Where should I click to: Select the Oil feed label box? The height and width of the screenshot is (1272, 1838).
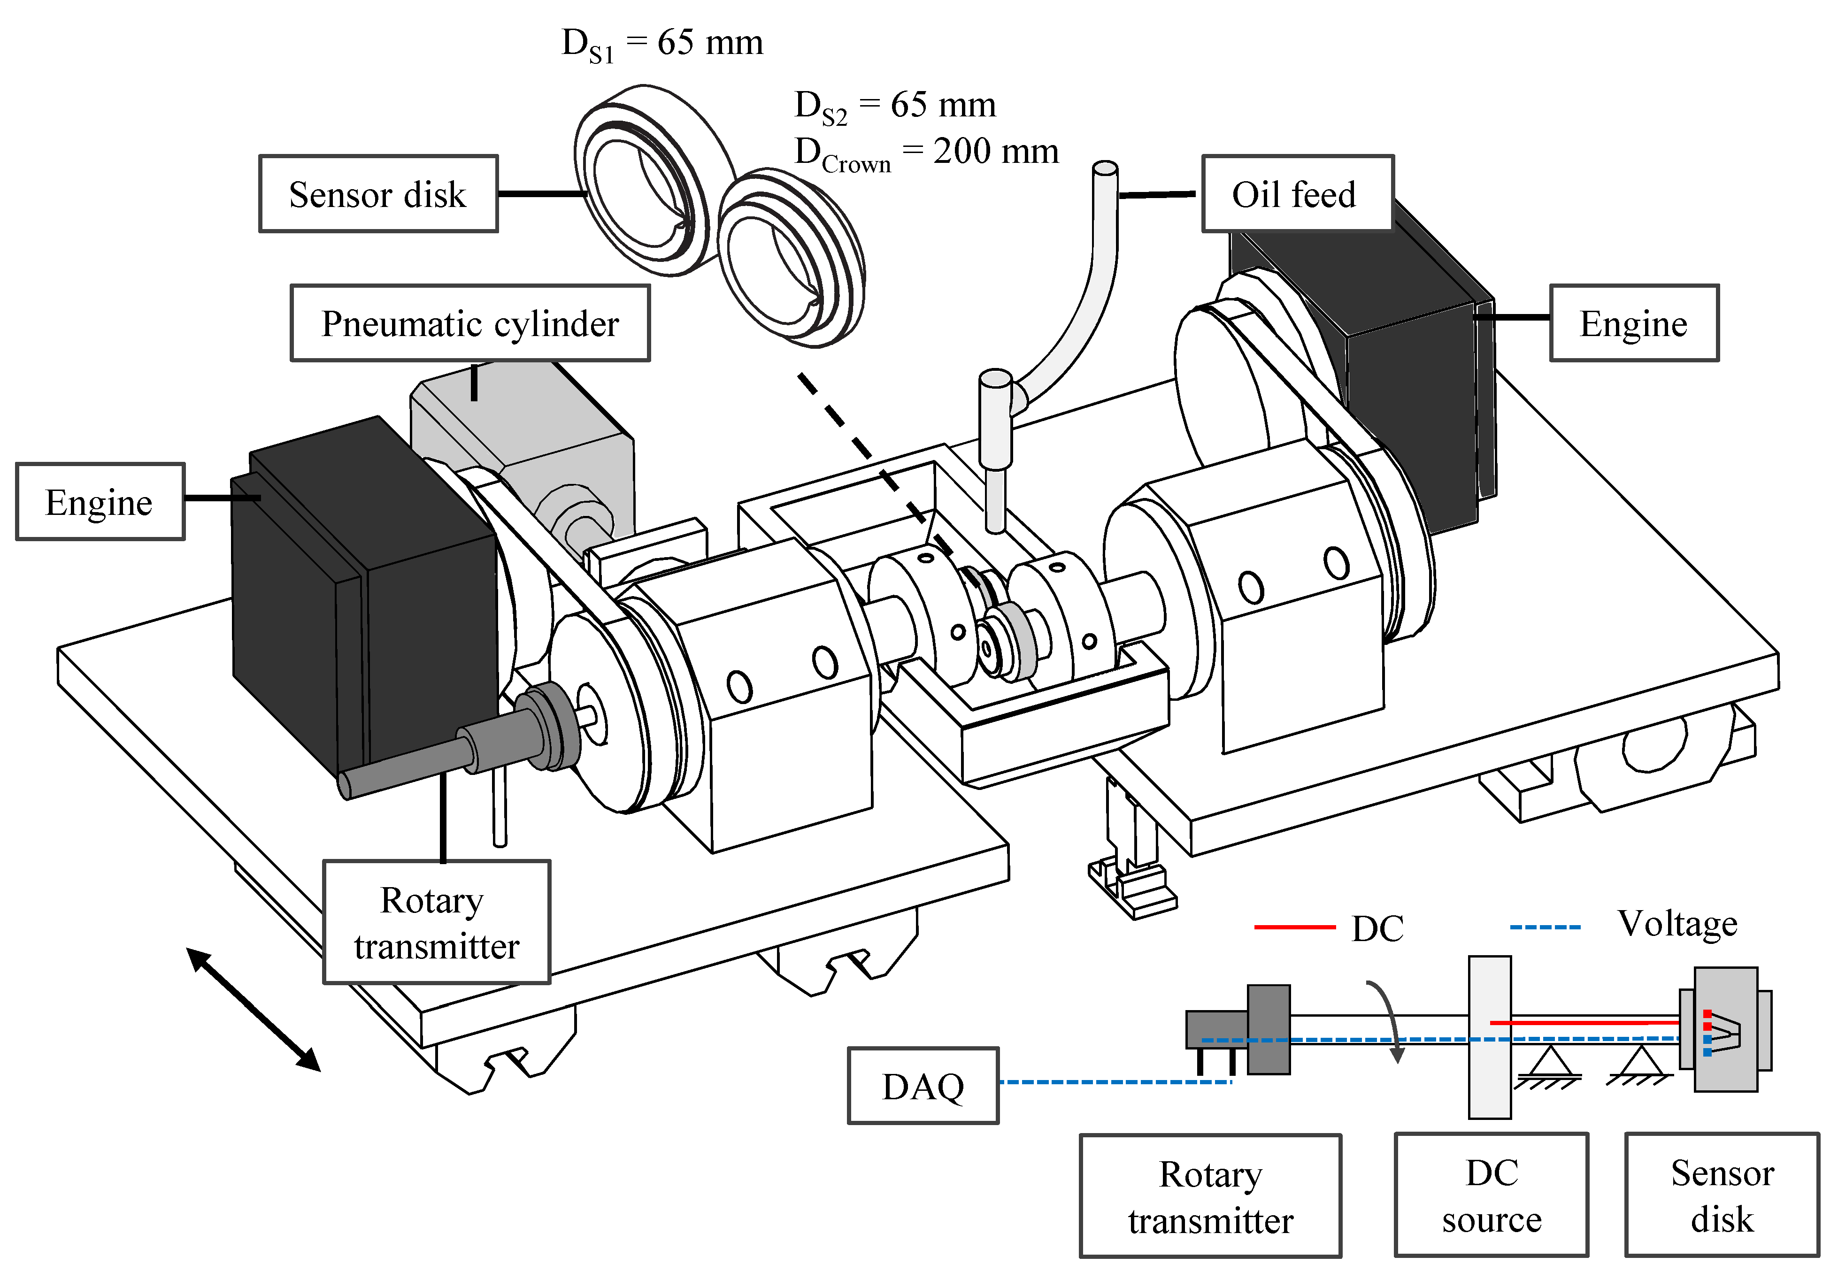coord(1296,194)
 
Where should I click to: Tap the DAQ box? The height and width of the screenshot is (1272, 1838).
coord(923,1086)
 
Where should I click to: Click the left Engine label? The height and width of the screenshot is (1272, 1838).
coord(100,502)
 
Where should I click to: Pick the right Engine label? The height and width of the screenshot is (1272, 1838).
coord(1633,323)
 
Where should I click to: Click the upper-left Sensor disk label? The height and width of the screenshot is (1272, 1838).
coord(378,194)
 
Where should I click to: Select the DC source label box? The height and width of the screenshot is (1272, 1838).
coord(1491,1195)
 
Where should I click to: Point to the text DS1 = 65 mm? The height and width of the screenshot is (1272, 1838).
coord(661,43)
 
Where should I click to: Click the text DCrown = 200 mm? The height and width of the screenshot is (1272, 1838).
coord(926,152)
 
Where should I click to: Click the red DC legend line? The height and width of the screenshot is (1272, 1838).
coord(1294,927)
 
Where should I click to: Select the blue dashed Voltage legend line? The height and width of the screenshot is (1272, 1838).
coord(1545,927)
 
